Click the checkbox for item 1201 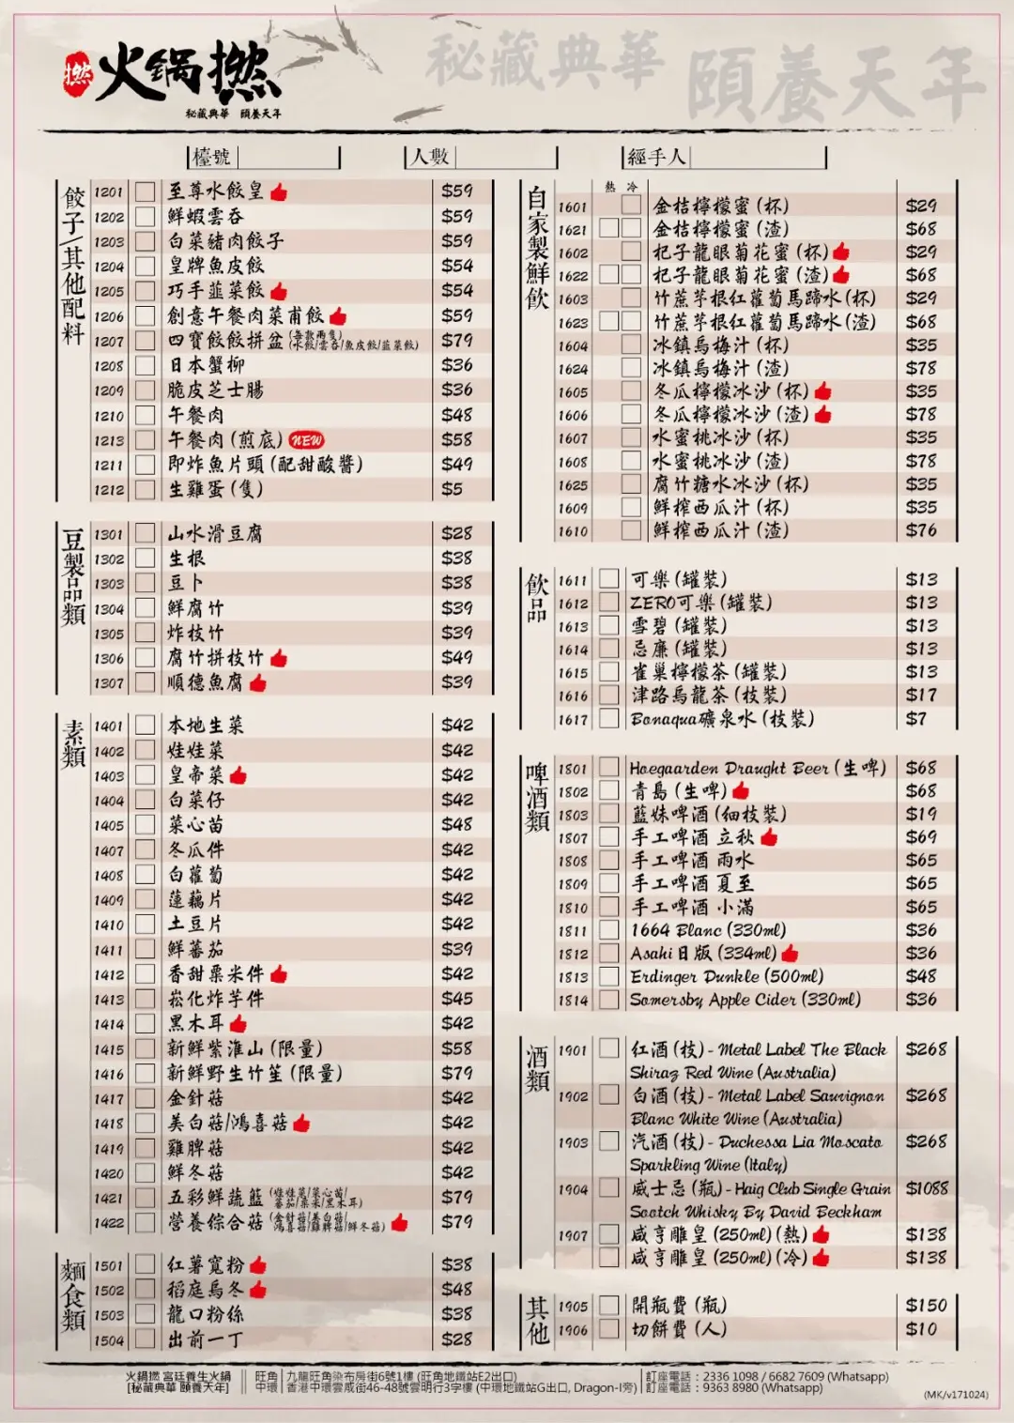coord(145,191)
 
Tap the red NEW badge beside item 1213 coord(306,439)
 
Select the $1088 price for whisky coord(927,1188)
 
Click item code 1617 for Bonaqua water coord(573,720)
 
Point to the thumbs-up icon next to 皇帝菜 coord(238,775)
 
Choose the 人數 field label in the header coord(431,157)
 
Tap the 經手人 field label coord(656,157)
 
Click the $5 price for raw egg coord(453,489)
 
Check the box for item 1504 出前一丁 coord(145,1339)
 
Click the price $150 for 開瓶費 coord(926,1306)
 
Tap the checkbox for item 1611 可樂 coord(609,579)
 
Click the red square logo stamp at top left coord(77,74)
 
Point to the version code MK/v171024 coord(955,1395)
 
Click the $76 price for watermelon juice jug coord(921,530)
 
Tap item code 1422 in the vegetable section coord(109,1223)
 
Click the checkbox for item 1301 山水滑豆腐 coord(145,533)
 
